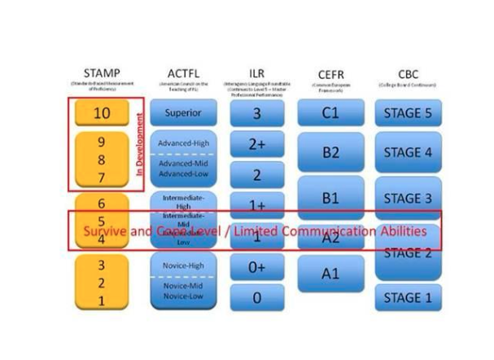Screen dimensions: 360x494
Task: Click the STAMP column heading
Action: click(x=102, y=73)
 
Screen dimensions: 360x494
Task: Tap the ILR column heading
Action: click(x=256, y=73)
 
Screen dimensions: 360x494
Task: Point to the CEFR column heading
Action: click(x=330, y=75)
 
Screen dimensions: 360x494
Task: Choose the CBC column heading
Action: click(x=408, y=73)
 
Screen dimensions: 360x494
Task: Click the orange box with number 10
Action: click(x=101, y=113)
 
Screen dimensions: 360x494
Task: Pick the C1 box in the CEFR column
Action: click(x=330, y=113)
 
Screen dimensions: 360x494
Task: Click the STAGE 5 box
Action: click(x=408, y=113)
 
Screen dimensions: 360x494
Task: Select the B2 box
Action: click(x=330, y=153)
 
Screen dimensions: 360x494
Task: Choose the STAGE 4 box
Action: click(x=408, y=152)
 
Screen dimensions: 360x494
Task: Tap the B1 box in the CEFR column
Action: click(x=330, y=197)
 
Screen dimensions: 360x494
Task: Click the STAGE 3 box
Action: click(x=408, y=198)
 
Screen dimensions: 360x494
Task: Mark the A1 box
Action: click(x=330, y=274)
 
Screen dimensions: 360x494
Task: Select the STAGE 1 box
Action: click(x=408, y=297)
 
